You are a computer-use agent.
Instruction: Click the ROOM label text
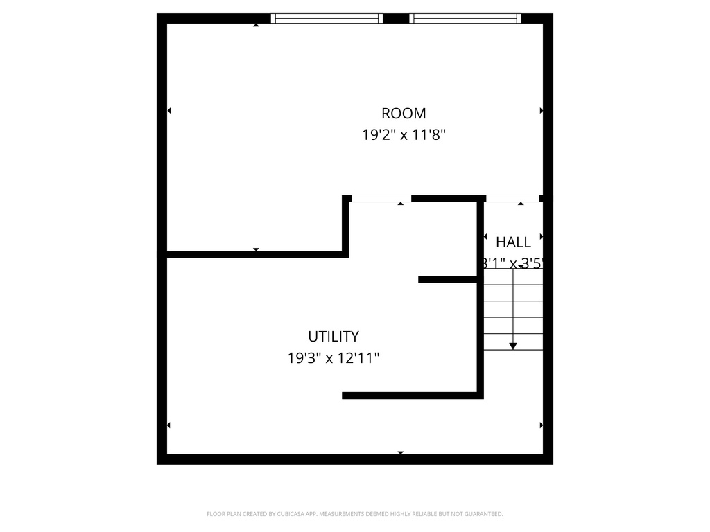[404, 113]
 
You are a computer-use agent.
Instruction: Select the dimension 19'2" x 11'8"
[404, 134]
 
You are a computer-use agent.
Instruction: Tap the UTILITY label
[334, 337]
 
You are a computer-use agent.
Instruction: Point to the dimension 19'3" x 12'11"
[334, 358]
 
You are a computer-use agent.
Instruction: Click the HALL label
[513, 242]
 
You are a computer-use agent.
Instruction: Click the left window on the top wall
[327, 19]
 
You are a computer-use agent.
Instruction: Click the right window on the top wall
[465, 19]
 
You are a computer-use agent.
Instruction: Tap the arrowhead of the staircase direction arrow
[513, 345]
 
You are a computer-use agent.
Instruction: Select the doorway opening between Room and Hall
[512, 199]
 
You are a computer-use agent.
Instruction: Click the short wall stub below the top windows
[396, 19]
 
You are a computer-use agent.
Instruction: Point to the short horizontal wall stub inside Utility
[448, 279]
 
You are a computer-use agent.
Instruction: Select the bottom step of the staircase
[513, 342]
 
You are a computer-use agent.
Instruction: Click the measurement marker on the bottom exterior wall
[400, 453]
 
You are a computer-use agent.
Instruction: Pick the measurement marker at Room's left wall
[169, 111]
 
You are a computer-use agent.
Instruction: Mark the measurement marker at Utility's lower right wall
[541, 425]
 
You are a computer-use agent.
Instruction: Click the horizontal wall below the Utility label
[412, 396]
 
